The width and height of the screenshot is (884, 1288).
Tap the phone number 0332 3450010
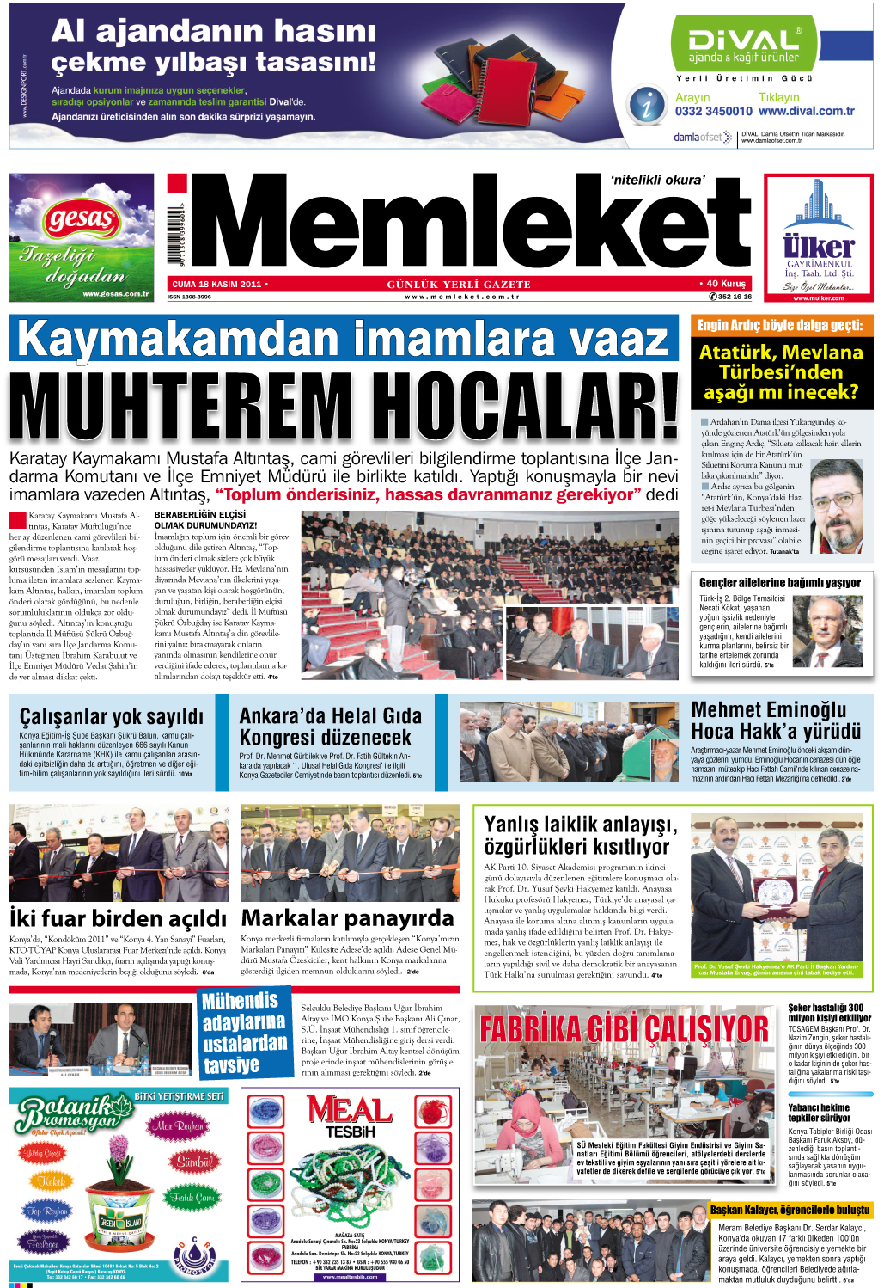[x=713, y=111]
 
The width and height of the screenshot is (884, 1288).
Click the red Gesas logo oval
[x=81, y=220]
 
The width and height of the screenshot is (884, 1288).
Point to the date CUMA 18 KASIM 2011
[x=216, y=284]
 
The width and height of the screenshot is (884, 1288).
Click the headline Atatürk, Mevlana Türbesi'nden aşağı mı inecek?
[x=781, y=372]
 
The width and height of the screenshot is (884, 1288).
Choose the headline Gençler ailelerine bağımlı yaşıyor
[x=779, y=582]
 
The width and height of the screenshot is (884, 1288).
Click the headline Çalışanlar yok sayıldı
[x=112, y=716]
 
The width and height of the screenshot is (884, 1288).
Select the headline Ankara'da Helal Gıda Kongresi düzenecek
[x=331, y=727]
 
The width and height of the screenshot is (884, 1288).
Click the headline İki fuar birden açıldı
[x=118, y=918]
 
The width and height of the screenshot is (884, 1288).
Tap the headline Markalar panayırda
[x=347, y=918]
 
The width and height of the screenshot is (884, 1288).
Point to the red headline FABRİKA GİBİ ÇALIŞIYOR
[x=625, y=1028]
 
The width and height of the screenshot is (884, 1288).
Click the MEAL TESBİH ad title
[x=350, y=1116]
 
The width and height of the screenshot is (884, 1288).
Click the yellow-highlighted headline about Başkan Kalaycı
[x=790, y=1210]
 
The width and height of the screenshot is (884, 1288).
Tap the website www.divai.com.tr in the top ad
[x=807, y=111]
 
